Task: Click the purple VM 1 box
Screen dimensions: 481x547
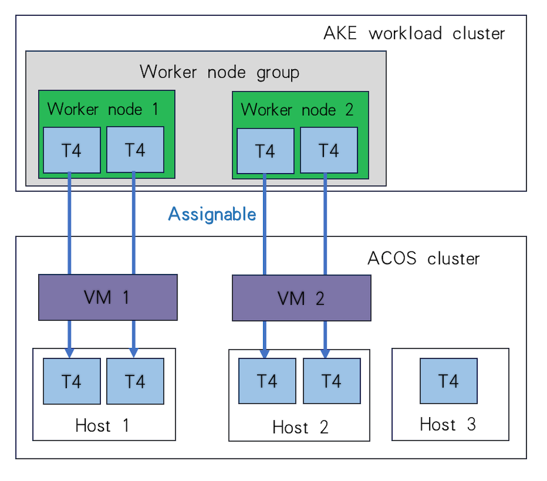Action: click(108, 297)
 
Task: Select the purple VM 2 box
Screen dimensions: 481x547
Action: click(301, 298)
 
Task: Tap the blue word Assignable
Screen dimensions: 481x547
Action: click(212, 214)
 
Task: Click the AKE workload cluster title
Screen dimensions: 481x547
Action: click(414, 33)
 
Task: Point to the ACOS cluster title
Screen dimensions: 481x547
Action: click(424, 258)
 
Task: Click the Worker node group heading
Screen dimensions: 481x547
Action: click(219, 72)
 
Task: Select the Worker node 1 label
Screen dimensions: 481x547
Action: click(103, 109)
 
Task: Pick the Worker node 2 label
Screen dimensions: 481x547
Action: click(297, 110)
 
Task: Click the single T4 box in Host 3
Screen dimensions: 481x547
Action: click(449, 381)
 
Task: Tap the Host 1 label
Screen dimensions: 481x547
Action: click(102, 425)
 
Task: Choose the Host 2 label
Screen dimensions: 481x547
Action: click(300, 427)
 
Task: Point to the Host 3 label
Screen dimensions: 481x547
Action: click(448, 424)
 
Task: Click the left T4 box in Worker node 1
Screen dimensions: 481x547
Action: click(72, 150)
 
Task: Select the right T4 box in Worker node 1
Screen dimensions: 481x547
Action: click(135, 149)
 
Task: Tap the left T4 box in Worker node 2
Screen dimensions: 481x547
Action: click(266, 151)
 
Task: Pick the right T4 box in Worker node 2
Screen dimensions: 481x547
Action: click(329, 151)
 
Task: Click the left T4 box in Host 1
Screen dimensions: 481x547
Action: click(72, 381)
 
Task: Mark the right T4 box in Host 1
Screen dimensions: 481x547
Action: click(135, 381)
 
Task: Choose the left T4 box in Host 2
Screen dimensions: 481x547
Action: click(267, 381)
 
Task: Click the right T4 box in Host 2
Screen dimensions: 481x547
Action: click(331, 381)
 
